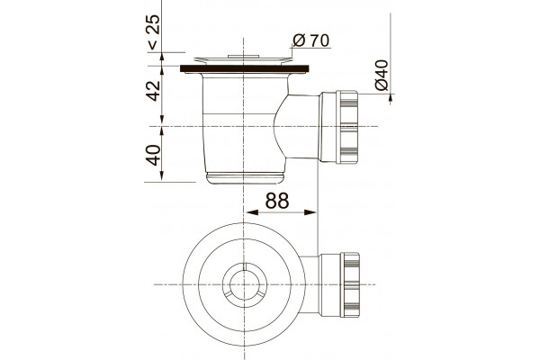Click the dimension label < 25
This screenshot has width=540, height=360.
tap(154, 31)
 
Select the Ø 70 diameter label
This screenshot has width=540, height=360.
tap(311, 40)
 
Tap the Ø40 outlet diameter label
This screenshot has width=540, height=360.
tap(382, 75)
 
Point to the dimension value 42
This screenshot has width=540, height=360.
tap(154, 91)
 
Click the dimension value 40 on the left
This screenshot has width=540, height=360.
tap(153, 155)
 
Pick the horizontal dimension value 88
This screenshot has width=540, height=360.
tap(277, 201)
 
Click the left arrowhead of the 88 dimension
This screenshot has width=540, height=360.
tap(252, 212)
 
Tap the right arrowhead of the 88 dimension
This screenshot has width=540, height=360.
tap(310, 212)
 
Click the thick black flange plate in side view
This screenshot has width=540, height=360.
tap(245, 68)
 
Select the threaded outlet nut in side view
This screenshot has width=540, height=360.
tap(346, 127)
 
